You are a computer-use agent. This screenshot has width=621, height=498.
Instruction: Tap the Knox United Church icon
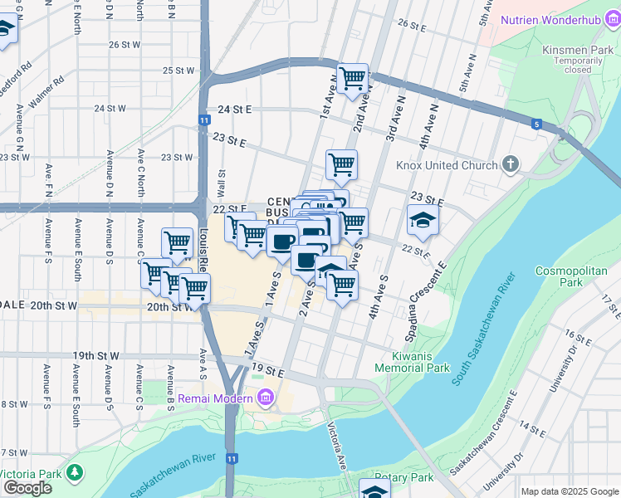(x=511, y=165)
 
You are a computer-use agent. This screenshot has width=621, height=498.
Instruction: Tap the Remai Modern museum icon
(x=265, y=399)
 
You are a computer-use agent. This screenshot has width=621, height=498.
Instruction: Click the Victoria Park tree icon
(x=75, y=472)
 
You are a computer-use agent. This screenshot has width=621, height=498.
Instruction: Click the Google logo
(x=27, y=488)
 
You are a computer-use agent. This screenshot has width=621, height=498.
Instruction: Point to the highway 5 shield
(x=537, y=124)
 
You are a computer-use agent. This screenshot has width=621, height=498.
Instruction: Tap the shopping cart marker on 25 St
(x=353, y=79)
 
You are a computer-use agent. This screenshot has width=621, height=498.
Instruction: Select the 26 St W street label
(x=125, y=44)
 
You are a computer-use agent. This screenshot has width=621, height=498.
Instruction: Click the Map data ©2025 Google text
(x=569, y=491)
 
